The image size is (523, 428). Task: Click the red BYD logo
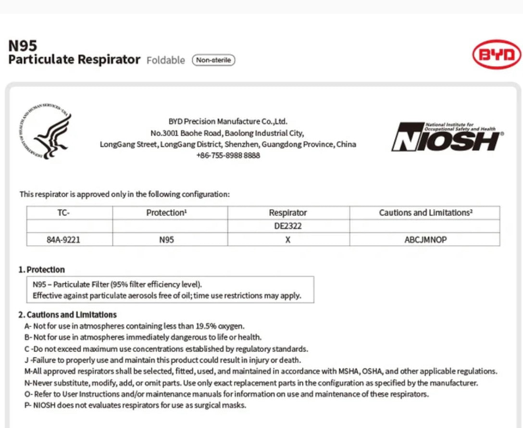coord(497,54)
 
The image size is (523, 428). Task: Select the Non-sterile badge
coord(213,60)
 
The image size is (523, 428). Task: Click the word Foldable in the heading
coord(165,60)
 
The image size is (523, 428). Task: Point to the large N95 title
coord(23,46)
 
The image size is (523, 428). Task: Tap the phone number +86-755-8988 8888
coord(228,155)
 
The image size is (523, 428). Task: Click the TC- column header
coord(63,213)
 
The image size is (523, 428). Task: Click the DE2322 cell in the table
coord(287,226)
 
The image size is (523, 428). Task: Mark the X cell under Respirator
coord(287,239)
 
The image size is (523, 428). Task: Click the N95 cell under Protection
coord(166,239)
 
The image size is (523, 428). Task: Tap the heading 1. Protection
coord(41,270)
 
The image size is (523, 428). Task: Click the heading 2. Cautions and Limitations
coord(67,315)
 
